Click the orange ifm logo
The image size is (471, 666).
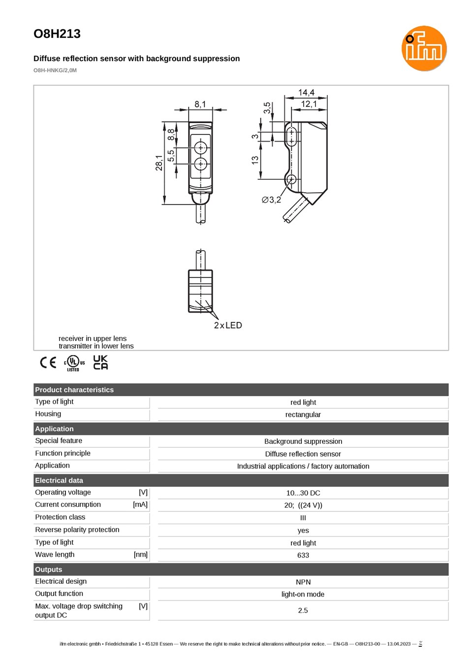[424, 48]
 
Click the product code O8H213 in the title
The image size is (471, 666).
[57, 33]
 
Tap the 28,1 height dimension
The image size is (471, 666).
[159, 163]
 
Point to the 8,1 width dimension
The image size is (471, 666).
[200, 104]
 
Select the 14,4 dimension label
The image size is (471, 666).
[306, 93]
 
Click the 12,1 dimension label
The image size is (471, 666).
[309, 104]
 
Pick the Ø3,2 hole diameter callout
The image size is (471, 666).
[272, 200]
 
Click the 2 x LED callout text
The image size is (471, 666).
[228, 325]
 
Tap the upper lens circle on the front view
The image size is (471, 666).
[201, 147]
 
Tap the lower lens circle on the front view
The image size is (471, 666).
[201, 164]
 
